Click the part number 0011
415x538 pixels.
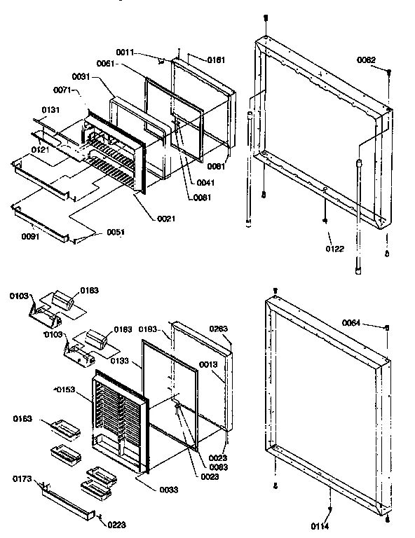coord(144,53)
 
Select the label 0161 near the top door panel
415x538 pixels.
coord(217,60)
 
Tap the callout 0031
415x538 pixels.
coord(81,76)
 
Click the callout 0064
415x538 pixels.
coord(352,322)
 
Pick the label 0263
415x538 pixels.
coord(219,329)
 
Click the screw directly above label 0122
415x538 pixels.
coord(326,221)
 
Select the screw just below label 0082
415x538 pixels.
coord(388,73)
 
